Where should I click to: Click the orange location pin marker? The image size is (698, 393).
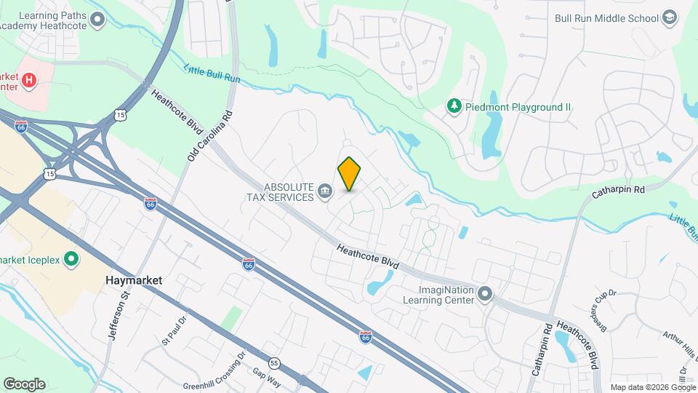pyautogui.click(x=350, y=173)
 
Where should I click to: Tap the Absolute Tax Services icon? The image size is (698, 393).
pyautogui.click(x=325, y=192)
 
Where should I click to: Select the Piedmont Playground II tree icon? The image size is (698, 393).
pyautogui.click(x=454, y=107)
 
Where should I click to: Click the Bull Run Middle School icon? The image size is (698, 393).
pyautogui.click(x=670, y=18)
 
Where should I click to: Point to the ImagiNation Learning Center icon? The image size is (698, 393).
pyautogui.click(x=486, y=295)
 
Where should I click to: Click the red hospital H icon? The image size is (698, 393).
pyautogui.click(x=29, y=79)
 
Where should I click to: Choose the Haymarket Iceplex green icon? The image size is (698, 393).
pyautogui.click(x=71, y=258)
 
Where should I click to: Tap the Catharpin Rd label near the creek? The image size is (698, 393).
pyautogui.click(x=618, y=190)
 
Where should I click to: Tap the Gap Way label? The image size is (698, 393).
pyautogui.click(x=267, y=371)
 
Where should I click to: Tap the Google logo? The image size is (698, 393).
pyautogui.click(x=24, y=384)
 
